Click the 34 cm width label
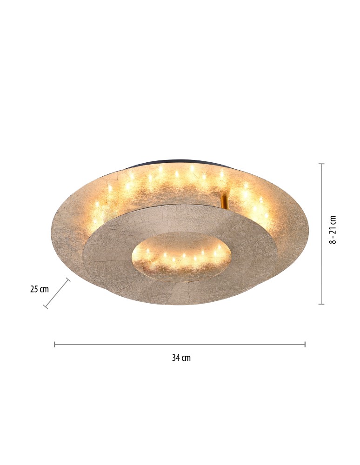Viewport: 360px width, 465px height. [x=181, y=358]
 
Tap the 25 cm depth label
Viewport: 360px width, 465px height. [x=40, y=289]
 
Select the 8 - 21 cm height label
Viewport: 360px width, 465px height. [x=333, y=230]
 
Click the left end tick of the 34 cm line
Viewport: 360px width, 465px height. [x=54, y=344]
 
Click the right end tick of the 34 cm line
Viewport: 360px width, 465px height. [x=305, y=344]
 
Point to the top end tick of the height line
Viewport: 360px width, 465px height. [x=321, y=164]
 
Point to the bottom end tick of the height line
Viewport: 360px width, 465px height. [x=321, y=304]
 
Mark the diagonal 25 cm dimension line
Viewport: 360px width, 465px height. [x=57, y=293]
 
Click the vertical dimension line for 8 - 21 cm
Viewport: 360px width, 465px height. [x=321, y=234]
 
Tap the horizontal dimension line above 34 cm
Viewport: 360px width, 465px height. [x=180, y=344]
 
